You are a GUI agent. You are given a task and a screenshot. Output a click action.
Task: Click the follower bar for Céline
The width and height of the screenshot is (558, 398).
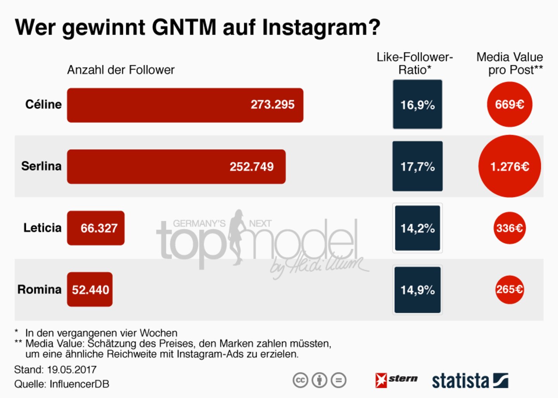click(185, 105)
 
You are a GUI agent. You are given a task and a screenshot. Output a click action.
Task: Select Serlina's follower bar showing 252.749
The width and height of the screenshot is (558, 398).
click(176, 166)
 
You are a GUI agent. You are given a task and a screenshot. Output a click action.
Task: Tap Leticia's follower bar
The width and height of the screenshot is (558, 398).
click(96, 228)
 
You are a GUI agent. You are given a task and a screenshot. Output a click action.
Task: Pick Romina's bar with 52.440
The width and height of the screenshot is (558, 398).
click(90, 289)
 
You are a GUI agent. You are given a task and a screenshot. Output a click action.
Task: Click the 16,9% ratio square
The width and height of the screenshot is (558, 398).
click(417, 104)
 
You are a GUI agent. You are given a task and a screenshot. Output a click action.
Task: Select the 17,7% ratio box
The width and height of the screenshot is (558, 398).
click(417, 166)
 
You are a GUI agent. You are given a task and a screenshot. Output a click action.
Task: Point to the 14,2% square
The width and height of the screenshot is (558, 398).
click(417, 228)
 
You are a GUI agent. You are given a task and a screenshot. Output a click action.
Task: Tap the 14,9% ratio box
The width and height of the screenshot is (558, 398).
click(417, 290)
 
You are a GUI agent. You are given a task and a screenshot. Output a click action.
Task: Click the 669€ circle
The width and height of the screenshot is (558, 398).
click(510, 104)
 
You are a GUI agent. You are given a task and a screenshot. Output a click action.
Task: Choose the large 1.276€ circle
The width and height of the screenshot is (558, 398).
click(510, 166)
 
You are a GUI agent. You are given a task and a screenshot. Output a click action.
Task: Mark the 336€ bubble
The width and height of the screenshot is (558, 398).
click(510, 228)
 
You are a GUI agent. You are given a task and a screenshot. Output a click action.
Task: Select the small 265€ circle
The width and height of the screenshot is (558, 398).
click(510, 289)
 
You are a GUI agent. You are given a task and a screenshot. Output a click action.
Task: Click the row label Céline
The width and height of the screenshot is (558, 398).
click(43, 104)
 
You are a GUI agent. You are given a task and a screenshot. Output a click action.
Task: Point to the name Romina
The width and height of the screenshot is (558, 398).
click(40, 289)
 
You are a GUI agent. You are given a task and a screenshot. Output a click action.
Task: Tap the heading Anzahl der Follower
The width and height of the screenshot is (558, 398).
click(121, 70)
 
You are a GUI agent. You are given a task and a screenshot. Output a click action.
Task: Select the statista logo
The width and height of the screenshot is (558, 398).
click(470, 381)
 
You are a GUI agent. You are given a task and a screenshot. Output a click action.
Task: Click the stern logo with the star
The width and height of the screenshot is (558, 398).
click(396, 380)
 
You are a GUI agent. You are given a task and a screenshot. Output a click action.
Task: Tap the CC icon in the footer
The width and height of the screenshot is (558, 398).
click(300, 380)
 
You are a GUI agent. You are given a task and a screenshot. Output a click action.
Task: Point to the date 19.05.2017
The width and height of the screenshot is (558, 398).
click(72, 369)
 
